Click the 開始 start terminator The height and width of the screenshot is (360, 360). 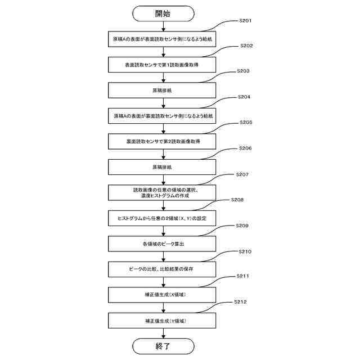(163, 13)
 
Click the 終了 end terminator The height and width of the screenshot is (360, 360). (163, 345)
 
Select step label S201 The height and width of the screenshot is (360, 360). (245, 21)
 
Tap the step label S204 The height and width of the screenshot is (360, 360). (245, 97)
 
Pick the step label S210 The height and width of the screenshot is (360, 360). (245, 251)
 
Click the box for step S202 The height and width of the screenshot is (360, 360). (163, 65)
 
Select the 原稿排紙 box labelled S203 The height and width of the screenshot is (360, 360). (163, 90)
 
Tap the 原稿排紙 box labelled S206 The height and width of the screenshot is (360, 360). (163, 167)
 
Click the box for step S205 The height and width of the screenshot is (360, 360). (163, 141)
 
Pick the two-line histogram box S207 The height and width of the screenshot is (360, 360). (163, 192)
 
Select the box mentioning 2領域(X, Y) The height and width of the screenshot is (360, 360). (163, 218)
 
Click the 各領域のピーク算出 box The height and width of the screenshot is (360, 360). (163, 244)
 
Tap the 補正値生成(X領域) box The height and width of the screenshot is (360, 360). (163, 295)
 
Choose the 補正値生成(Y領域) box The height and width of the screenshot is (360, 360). (163, 321)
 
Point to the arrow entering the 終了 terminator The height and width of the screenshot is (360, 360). (163, 333)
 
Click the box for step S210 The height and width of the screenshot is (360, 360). (163, 269)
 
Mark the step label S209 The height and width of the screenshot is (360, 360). (245, 226)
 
